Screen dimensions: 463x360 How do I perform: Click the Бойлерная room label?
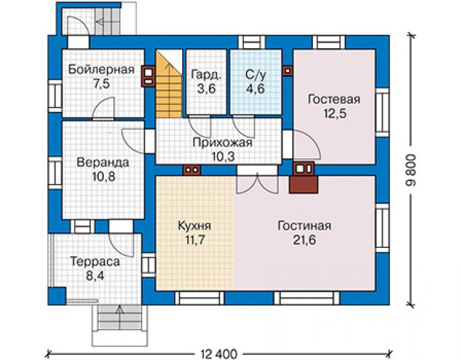tap(101, 69)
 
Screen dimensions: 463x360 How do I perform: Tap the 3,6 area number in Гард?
tap(206, 89)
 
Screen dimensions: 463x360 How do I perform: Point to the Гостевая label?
tap(334, 100)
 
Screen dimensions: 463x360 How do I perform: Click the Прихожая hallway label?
tap(223, 143)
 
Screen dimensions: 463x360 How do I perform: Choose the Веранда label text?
tap(103, 163)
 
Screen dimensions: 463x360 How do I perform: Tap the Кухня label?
tap(195, 226)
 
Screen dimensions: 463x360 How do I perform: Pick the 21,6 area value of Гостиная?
tap(305, 240)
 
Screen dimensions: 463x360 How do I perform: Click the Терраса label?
tap(95, 262)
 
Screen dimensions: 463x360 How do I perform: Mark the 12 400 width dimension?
tap(219, 354)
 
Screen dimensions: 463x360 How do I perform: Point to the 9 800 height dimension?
tap(410, 170)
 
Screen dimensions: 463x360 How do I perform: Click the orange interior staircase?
tap(168, 85)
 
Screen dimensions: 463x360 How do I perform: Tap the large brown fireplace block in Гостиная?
tap(304, 185)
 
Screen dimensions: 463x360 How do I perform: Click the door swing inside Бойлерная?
tap(104, 108)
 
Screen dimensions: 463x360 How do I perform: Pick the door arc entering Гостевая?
tap(307, 145)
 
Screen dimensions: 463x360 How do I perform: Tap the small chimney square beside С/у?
tap(288, 71)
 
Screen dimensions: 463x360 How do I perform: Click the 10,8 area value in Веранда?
tap(104, 177)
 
